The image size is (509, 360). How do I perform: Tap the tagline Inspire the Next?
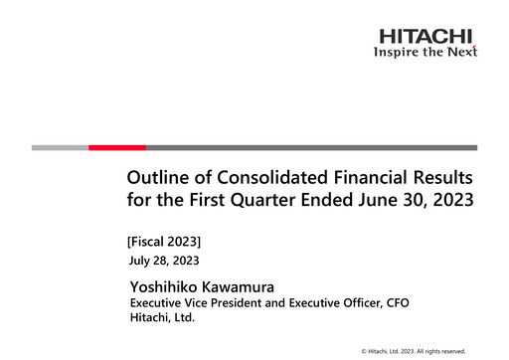click(x=425, y=52)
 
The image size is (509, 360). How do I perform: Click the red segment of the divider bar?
click(x=117, y=147)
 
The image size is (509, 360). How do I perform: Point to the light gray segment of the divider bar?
click(x=60, y=147)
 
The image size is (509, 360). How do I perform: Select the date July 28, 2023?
click(x=164, y=261)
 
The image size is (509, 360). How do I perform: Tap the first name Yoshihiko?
click(x=166, y=286)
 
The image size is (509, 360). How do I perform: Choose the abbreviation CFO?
click(x=395, y=303)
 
